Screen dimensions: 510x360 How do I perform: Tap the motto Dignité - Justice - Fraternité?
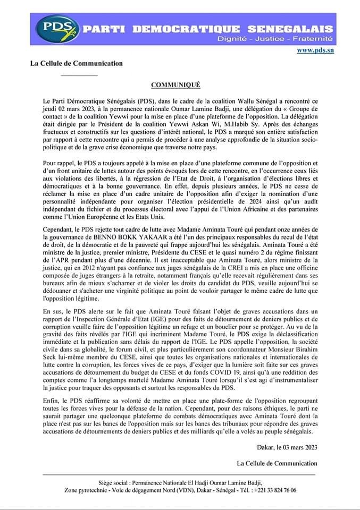point(275,39)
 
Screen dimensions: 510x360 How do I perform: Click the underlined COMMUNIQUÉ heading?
point(176,85)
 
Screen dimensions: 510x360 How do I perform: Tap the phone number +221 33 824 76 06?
point(275,490)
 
